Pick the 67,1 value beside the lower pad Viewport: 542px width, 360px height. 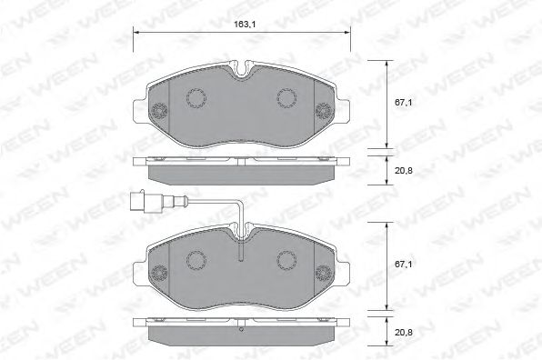[x=405, y=265]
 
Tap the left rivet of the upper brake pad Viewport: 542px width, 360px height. [x=158, y=112]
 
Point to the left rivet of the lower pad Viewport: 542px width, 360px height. [x=158, y=272]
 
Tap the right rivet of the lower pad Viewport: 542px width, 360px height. [x=325, y=272]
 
